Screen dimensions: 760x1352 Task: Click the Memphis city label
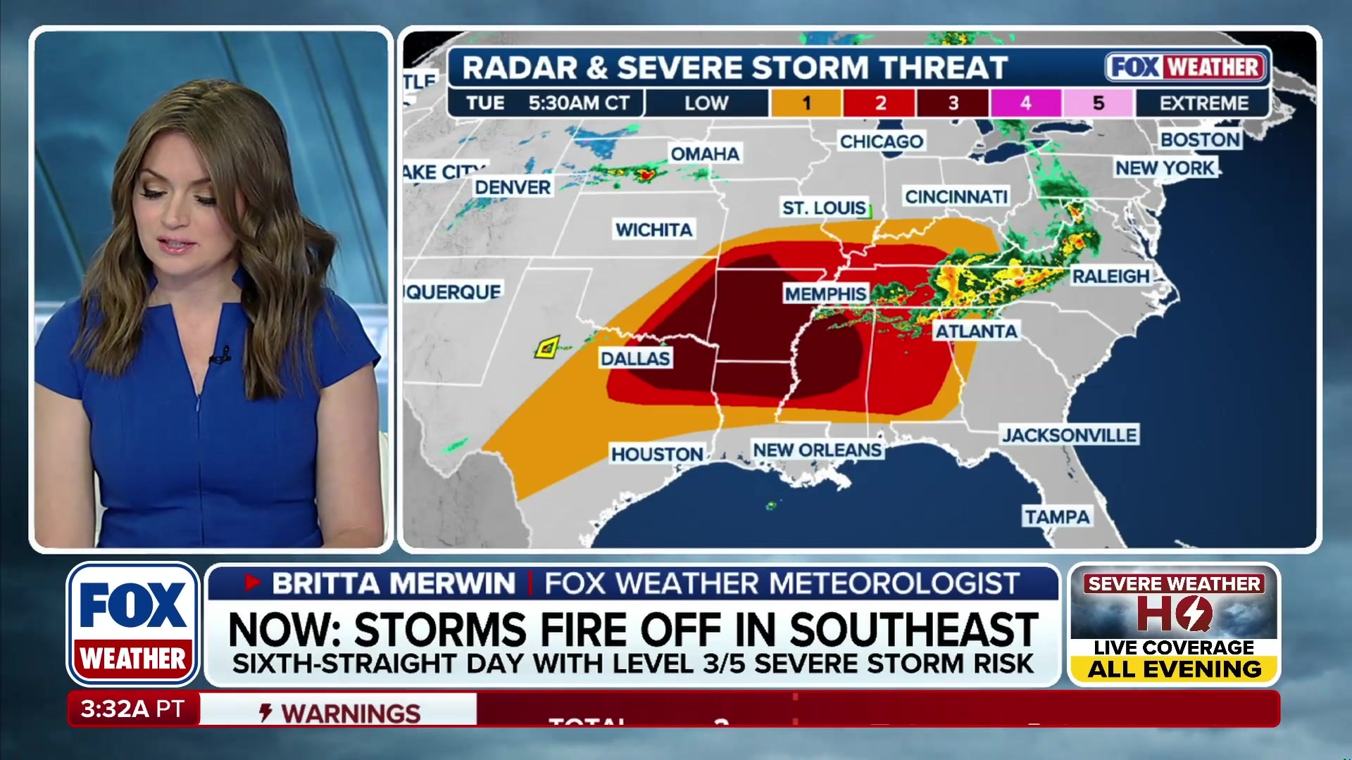click(825, 293)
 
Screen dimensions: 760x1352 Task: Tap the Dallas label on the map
click(635, 358)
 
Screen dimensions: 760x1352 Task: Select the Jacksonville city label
click(1069, 435)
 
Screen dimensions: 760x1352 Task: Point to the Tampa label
click(1057, 517)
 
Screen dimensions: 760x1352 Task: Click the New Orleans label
click(817, 450)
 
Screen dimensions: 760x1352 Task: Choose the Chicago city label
click(881, 141)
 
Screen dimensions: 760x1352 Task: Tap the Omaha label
click(704, 153)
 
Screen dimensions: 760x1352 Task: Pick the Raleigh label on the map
click(1110, 276)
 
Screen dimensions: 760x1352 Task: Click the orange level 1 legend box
click(806, 103)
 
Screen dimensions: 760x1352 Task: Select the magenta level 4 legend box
click(1025, 103)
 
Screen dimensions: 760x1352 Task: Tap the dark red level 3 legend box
click(953, 103)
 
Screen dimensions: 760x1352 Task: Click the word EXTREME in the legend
click(1203, 103)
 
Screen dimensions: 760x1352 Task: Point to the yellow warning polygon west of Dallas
click(547, 347)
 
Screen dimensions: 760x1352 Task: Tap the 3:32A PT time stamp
click(132, 709)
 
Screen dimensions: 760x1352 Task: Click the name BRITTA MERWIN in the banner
click(394, 583)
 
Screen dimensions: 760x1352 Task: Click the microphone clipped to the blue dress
click(221, 355)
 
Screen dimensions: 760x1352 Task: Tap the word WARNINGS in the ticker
click(351, 713)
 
